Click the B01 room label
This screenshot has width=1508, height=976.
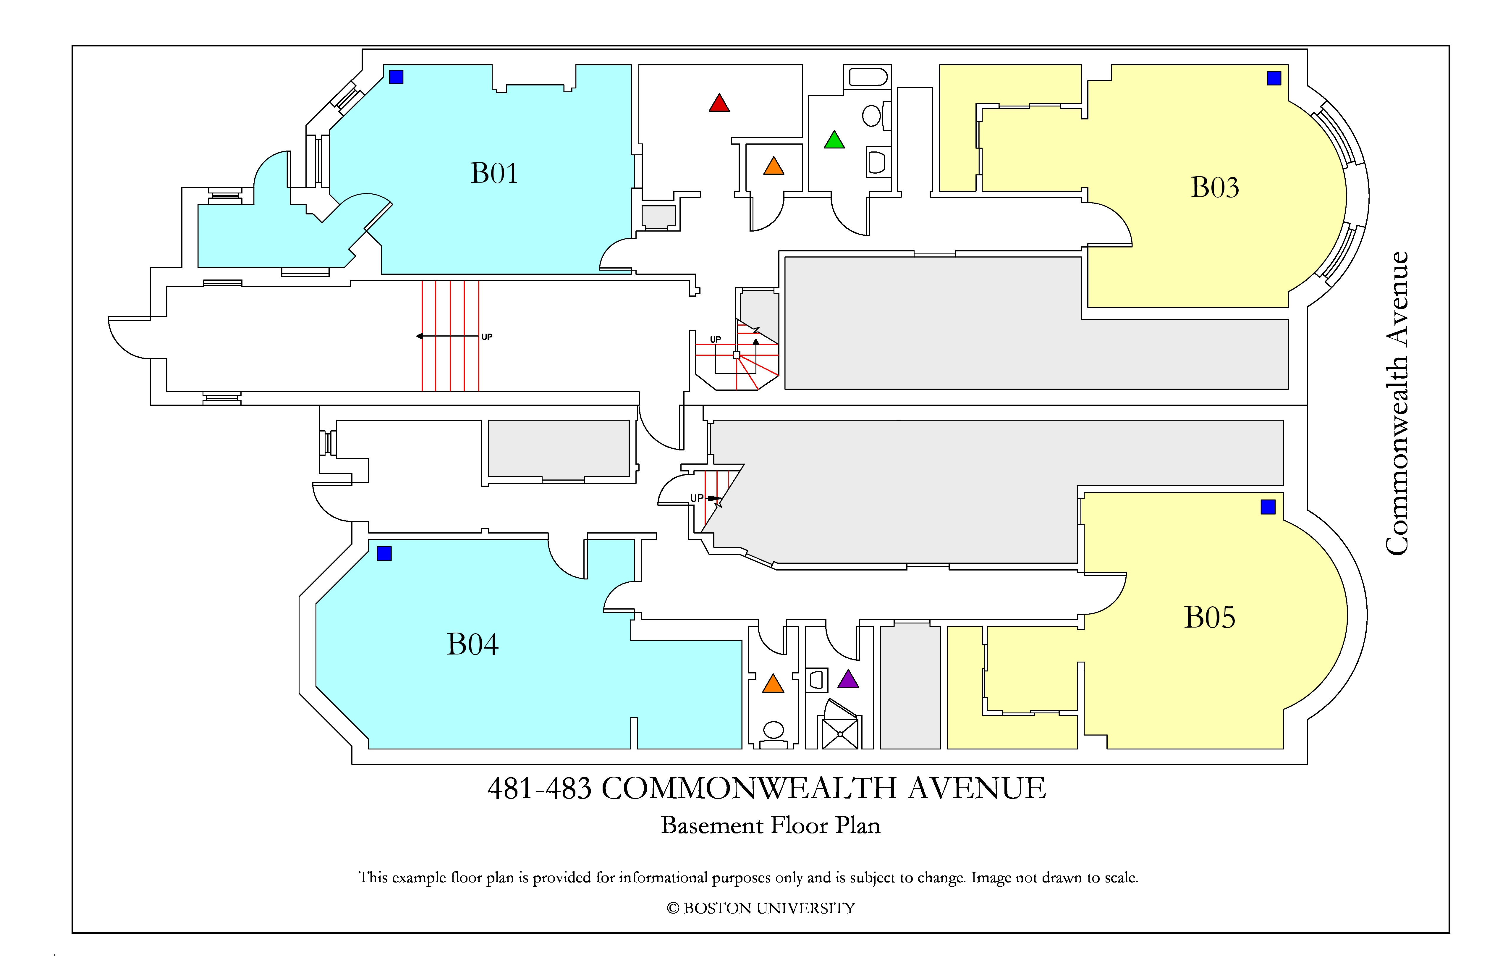pyautogui.click(x=494, y=173)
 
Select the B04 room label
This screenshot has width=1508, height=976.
pyautogui.click(x=473, y=644)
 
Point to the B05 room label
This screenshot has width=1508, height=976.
pyautogui.click(x=1210, y=617)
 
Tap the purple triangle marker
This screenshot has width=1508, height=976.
pyautogui.click(x=848, y=679)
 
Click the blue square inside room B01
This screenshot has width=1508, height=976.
pyautogui.click(x=396, y=77)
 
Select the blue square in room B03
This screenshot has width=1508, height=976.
pyautogui.click(x=1274, y=78)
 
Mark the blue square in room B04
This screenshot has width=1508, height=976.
pyautogui.click(x=384, y=553)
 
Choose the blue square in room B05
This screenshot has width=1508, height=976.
pyautogui.click(x=1268, y=507)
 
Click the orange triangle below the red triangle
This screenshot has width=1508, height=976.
pyautogui.click(x=774, y=166)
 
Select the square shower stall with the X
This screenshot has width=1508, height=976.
pyautogui.click(x=840, y=733)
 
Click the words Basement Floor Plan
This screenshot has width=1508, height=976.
pyautogui.click(x=771, y=825)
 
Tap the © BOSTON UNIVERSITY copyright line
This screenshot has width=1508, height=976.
pyautogui.click(x=761, y=908)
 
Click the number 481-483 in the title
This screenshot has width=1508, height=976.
pyautogui.click(x=539, y=788)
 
